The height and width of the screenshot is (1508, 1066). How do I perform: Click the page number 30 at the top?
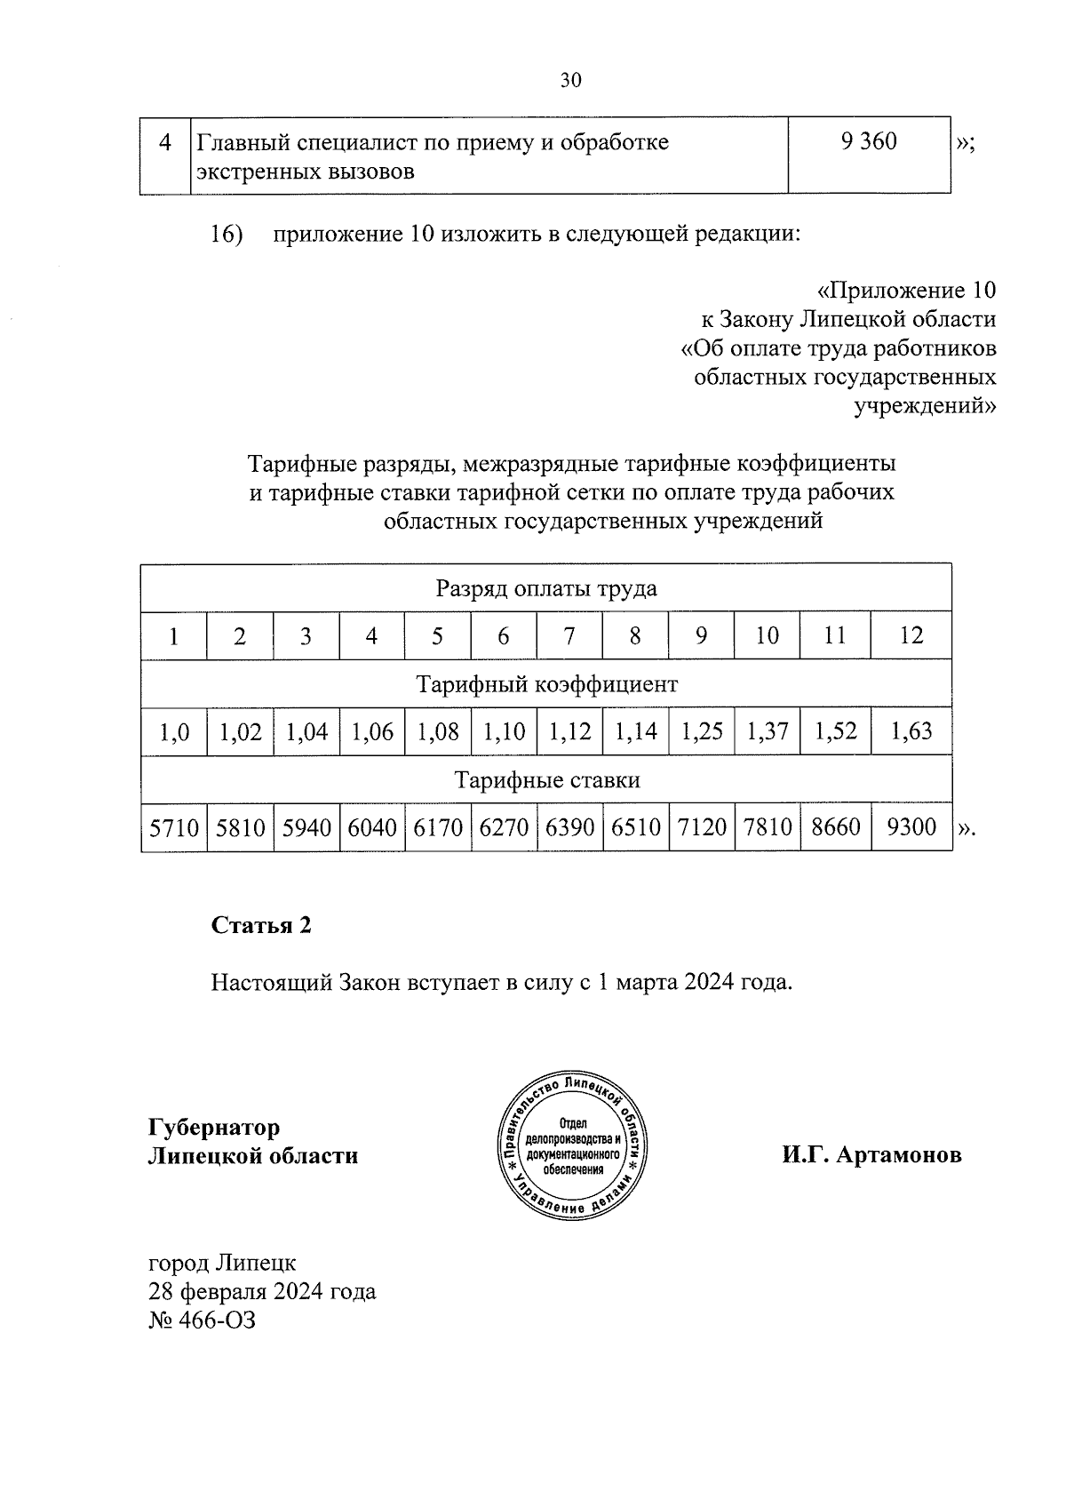[x=570, y=81]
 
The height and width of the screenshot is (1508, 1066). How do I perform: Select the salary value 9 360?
[x=868, y=141]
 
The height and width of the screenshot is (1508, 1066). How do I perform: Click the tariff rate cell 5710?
[x=174, y=827]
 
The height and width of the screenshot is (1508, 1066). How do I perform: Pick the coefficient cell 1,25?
[x=702, y=731]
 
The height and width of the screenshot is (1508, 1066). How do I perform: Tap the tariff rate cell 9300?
[x=911, y=827]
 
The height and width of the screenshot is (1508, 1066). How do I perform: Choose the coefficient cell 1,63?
[x=911, y=731]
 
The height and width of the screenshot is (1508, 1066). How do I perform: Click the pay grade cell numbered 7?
[x=569, y=635]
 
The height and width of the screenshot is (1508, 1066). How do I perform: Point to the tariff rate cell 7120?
[x=702, y=827]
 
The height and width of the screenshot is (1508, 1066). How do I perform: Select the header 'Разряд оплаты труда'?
[x=545, y=588]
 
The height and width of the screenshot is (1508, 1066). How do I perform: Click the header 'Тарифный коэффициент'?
[x=547, y=684]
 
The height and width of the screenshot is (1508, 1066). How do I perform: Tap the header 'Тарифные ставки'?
[x=547, y=780]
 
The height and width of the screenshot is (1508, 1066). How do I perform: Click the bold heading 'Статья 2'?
[x=261, y=925]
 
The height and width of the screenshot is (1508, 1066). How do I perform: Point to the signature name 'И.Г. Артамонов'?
[x=871, y=1155]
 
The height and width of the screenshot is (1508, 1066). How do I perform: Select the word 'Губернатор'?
[x=214, y=1127]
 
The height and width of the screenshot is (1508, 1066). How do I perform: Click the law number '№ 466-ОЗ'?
[x=202, y=1320]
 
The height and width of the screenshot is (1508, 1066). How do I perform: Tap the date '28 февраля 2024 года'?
[x=262, y=1291]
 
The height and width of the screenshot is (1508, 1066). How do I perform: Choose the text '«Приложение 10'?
[x=905, y=291]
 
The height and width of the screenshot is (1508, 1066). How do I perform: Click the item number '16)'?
[x=227, y=235]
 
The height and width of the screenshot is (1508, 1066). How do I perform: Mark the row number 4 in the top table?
[x=164, y=142]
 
